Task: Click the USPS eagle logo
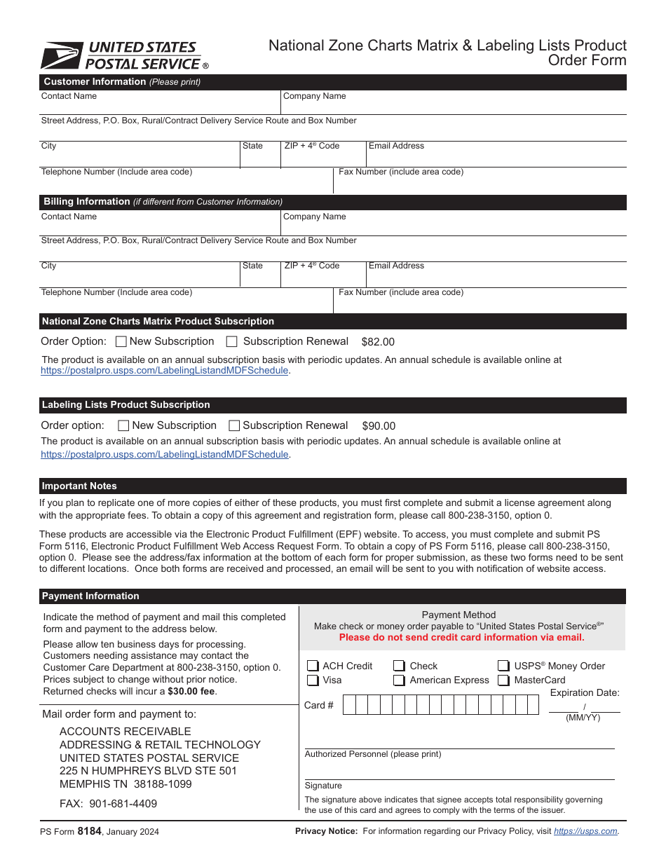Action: (x=62, y=55)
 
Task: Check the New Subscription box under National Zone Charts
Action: (x=121, y=342)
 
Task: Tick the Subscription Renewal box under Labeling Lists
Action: (x=235, y=426)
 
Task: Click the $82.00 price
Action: (x=378, y=342)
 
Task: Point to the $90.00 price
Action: (x=379, y=426)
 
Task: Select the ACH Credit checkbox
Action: (x=313, y=666)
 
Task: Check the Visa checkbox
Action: (x=313, y=680)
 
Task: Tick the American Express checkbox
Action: (x=399, y=680)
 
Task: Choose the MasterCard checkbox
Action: (x=503, y=680)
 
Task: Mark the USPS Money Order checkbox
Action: (x=503, y=666)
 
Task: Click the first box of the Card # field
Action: (x=349, y=705)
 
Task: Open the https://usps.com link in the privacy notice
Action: (x=585, y=831)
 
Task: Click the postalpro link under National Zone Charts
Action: (x=165, y=371)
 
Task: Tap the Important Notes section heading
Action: (x=79, y=486)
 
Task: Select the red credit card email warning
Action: (x=461, y=638)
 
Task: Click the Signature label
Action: (x=323, y=786)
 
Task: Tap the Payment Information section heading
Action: (x=90, y=596)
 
